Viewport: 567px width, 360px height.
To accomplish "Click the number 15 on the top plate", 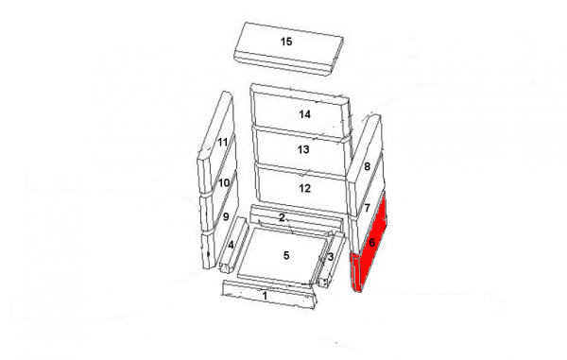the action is point(286,42).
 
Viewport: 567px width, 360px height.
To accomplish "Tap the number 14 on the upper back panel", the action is point(304,114).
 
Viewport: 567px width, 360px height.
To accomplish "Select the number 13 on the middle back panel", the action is point(303,149).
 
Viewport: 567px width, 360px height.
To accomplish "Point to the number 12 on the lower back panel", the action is point(305,188).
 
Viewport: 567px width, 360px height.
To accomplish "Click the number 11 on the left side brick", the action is point(223,142).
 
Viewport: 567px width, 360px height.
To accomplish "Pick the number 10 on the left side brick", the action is point(224,183).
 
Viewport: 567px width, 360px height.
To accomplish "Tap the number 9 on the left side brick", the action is point(226,217).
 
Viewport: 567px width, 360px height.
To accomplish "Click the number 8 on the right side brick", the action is point(367,166).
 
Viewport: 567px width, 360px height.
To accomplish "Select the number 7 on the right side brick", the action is point(368,208).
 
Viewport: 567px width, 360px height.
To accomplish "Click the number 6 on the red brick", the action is point(371,243).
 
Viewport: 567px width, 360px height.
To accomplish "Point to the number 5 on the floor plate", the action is point(286,255).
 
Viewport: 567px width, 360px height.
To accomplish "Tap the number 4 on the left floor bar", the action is point(231,245).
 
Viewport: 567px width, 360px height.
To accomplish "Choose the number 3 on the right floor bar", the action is point(331,257).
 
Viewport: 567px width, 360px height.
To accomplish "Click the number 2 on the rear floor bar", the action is point(282,217).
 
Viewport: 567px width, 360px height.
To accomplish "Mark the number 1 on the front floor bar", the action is point(265,296).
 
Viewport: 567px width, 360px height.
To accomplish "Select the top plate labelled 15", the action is point(289,49).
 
